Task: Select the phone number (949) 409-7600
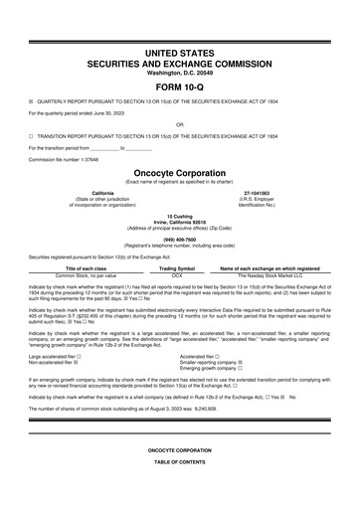(179, 238)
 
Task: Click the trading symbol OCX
(177, 275)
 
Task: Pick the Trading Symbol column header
(177, 268)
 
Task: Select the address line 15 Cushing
(179, 215)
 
